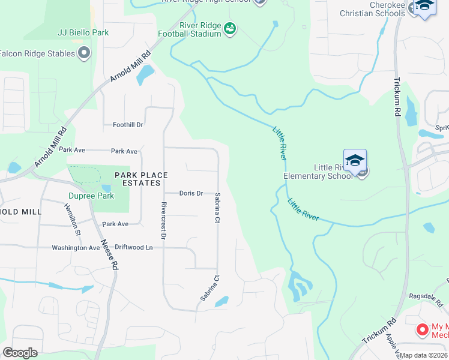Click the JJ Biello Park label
[83, 32]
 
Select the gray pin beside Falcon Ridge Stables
[84, 53]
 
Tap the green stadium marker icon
[229, 28]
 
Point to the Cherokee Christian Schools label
[373, 8]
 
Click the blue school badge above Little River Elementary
[355, 160]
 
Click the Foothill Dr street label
[128, 125]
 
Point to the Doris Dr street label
[191, 193]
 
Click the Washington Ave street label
[76, 247]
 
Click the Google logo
[20, 353]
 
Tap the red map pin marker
[423, 329]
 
